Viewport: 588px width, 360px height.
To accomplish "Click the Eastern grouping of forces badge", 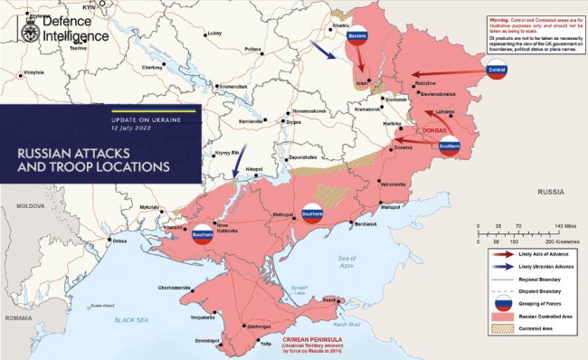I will click(358, 33).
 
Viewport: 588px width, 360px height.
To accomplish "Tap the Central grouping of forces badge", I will click(497, 71).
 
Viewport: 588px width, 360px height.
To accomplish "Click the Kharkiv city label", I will click(340, 25).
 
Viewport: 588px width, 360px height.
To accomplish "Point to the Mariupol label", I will click(390, 207).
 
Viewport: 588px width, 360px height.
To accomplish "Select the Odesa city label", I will click(119, 242).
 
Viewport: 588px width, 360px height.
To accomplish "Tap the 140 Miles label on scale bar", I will click(565, 225).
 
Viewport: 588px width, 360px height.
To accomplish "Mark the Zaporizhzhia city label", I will click(301, 158).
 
